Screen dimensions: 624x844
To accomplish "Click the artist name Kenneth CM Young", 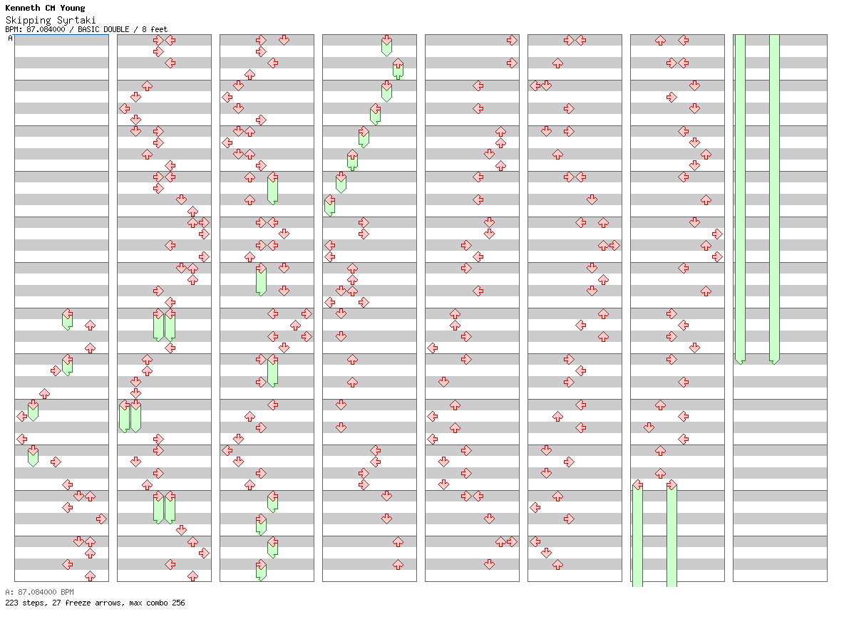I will (x=45, y=9).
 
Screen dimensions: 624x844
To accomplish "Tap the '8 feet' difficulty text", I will (x=155, y=29).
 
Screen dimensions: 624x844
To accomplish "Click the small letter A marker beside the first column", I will (x=10, y=38).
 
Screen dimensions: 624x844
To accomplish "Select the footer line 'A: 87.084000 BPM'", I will (x=39, y=592).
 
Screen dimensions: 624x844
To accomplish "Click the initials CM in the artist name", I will (x=49, y=9).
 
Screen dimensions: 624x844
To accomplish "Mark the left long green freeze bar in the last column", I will (x=740, y=199).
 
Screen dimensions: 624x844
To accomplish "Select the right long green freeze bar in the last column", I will (x=774, y=199).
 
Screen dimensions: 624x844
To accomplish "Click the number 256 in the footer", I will (x=177, y=603).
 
